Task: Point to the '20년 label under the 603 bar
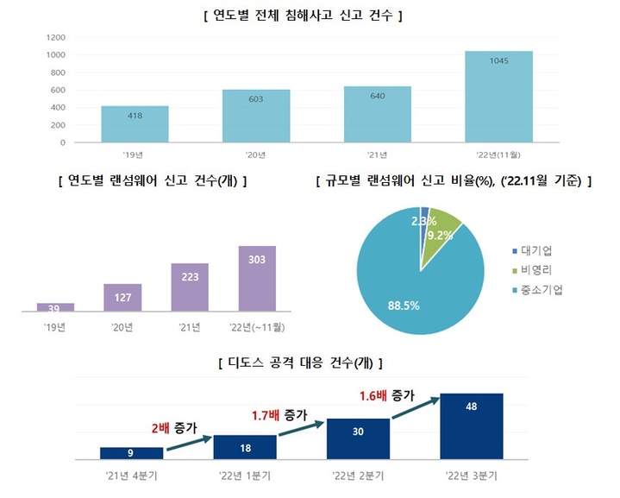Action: [x=255, y=155]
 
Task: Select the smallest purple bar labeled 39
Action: [x=55, y=306]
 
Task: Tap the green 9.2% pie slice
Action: [x=442, y=234]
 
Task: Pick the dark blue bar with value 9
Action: [x=131, y=452]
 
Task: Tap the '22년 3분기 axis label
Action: [x=471, y=476]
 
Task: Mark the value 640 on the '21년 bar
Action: [x=377, y=97]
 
